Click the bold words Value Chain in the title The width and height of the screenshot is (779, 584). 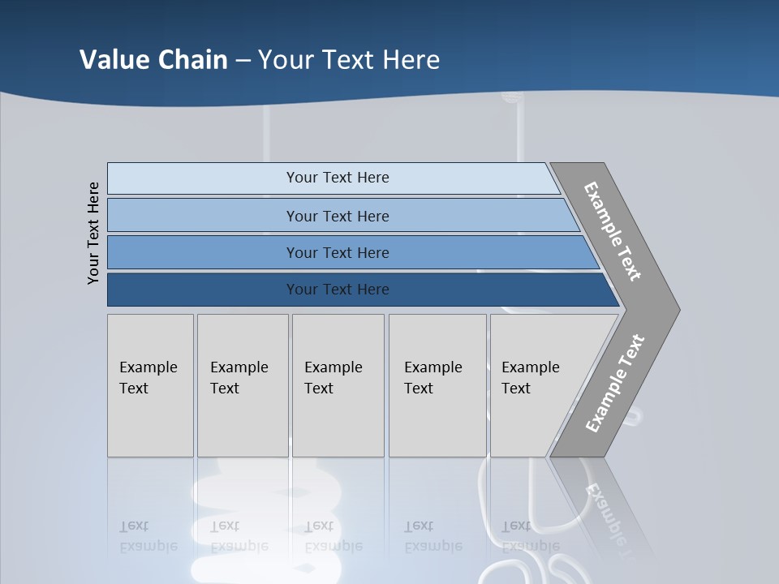click(153, 60)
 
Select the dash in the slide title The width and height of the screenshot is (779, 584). click(243, 61)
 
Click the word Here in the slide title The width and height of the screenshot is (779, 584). click(411, 60)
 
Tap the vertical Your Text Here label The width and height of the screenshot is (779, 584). click(93, 234)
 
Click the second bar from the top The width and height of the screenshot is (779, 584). click(338, 216)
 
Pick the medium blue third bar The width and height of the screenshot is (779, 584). click(338, 252)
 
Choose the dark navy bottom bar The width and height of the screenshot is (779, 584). click(338, 290)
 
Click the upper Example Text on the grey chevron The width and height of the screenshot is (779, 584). click(613, 231)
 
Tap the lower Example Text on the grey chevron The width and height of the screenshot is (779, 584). click(614, 384)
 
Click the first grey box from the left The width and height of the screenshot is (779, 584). click(150, 385)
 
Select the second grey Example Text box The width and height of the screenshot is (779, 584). click(242, 385)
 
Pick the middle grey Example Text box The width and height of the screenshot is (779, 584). click(338, 385)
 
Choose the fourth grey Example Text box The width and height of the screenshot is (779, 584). click(437, 385)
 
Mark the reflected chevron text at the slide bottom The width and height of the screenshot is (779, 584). click(609, 511)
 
